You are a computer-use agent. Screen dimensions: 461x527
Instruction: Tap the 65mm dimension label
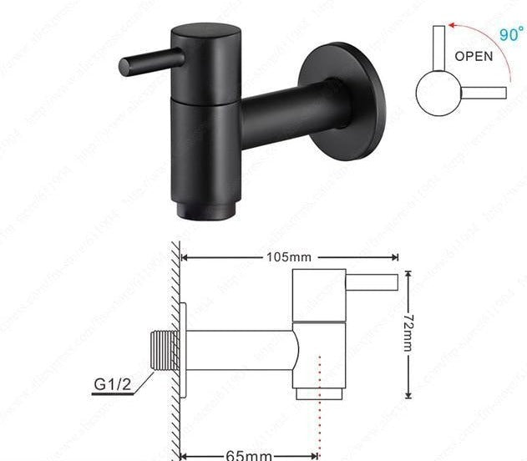pos(248,455)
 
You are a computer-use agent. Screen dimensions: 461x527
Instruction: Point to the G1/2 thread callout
pos(112,387)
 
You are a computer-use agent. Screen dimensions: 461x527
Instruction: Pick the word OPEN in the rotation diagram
pos(474,58)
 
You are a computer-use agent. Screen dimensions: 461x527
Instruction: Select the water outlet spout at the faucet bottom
pos(198,209)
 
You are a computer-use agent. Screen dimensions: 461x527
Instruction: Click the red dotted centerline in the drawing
pos(319,401)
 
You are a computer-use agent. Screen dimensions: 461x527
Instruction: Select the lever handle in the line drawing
pos(371,282)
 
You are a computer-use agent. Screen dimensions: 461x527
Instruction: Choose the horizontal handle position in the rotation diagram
pos(483,92)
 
